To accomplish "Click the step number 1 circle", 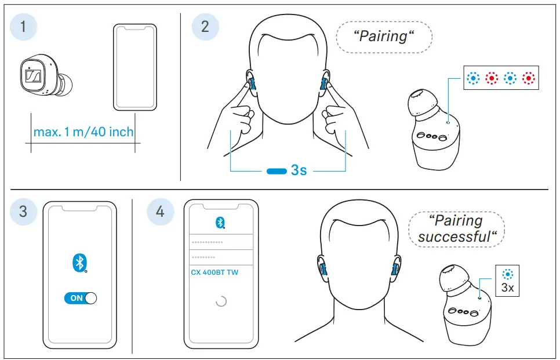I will pyautogui.click(x=23, y=26).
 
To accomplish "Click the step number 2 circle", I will pyautogui.click(x=205, y=26).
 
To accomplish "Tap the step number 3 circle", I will pyautogui.click(x=23, y=210).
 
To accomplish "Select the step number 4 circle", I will pyautogui.click(x=159, y=211).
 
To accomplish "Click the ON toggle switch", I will pyautogui.click(x=80, y=298).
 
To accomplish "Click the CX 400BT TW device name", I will pyautogui.click(x=214, y=272).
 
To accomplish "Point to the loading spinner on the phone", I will pyautogui.click(x=221, y=301).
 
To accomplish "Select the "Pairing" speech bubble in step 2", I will pyautogui.click(x=384, y=37).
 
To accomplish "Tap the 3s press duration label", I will pyautogui.click(x=299, y=170).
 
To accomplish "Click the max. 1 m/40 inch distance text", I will pyautogui.click(x=83, y=132).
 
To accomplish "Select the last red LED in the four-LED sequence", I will pyautogui.click(x=528, y=78).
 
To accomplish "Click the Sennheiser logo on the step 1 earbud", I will pyautogui.click(x=32, y=77).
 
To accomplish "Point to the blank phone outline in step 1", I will pyautogui.click(x=134, y=67).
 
